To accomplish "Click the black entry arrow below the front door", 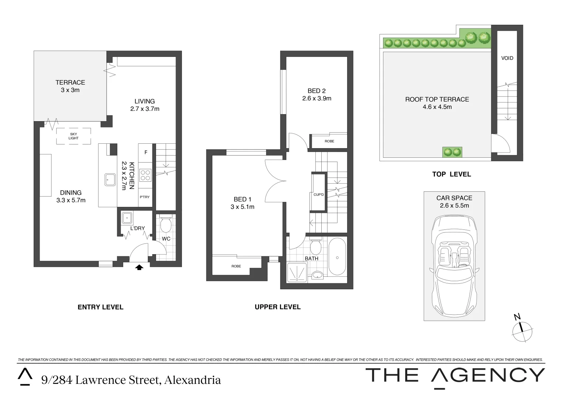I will [x=139, y=267].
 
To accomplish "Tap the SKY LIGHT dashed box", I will [x=74, y=136].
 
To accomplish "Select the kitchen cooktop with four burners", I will [x=145, y=175].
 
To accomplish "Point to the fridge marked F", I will [x=146, y=152].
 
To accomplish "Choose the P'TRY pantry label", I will [x=145, y=197].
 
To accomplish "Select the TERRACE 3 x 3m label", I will [x=70, y=86].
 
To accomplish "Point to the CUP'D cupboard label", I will [x=318, y=194].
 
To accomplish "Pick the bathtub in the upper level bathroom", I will [x=337, y=257].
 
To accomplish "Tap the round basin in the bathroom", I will [x=317, y=275].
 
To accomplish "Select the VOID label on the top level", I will [x=507, y=58].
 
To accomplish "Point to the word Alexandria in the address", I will [x=193, y=380].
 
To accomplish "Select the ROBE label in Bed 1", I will [x=236, y=266].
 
